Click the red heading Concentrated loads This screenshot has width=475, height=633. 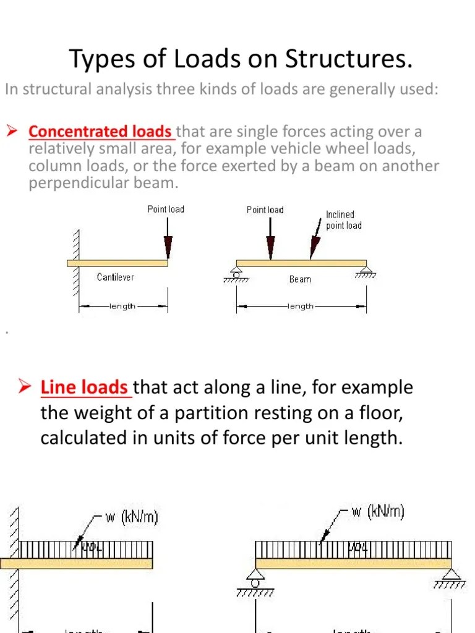100,132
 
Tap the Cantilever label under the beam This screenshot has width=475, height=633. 115,277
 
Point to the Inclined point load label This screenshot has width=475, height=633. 344,220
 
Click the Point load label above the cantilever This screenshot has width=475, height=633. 166,210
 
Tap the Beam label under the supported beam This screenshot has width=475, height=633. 300,279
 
